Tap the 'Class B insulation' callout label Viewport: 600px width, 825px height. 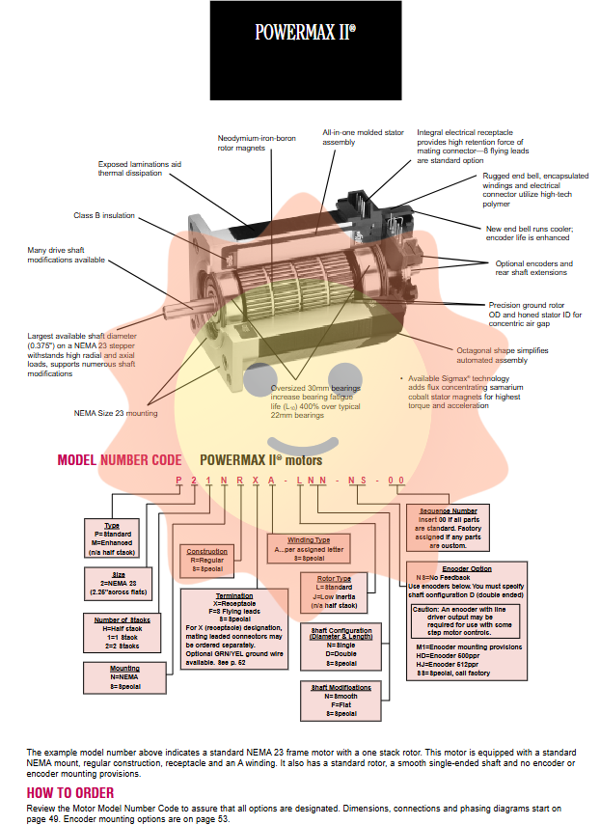click(104, 215)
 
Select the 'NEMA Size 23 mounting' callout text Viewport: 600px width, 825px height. click(116, 413)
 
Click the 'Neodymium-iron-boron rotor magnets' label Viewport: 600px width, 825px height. click(256, 143)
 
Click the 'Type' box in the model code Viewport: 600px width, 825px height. click(112, 538)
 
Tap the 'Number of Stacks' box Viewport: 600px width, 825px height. click(123, 633)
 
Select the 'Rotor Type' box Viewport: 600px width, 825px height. click(334, 591)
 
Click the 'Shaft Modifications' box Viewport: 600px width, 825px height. click(341, 700)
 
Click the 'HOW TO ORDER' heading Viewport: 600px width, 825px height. click(69, 792)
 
